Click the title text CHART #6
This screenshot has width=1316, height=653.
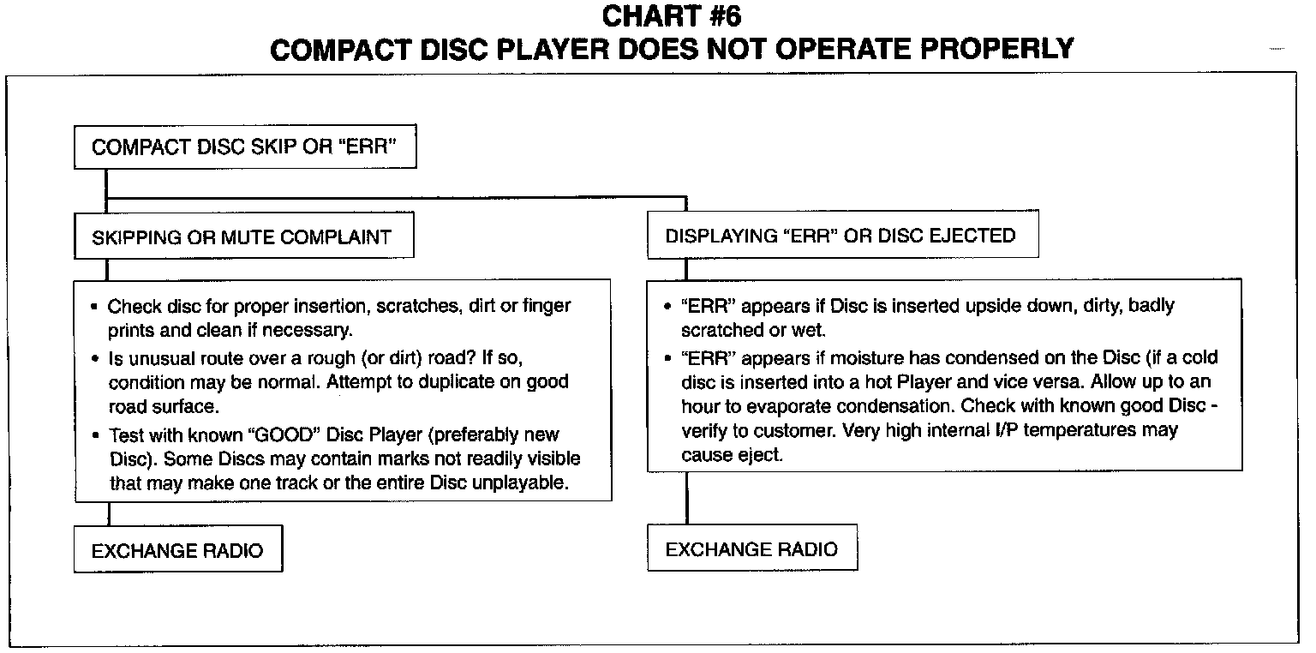(671, 16)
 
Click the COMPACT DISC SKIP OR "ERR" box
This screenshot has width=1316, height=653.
(245, 147)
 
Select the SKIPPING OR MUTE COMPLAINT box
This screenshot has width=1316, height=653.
(243, 237)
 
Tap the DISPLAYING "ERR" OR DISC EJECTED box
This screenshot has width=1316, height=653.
(840, 236)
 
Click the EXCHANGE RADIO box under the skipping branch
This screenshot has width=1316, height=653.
(177, 550)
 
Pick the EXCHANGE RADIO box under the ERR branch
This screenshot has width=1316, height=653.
(751, 549)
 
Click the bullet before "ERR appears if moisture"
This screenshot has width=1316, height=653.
(667, 357)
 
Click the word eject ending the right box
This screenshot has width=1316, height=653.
(762, 455)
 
